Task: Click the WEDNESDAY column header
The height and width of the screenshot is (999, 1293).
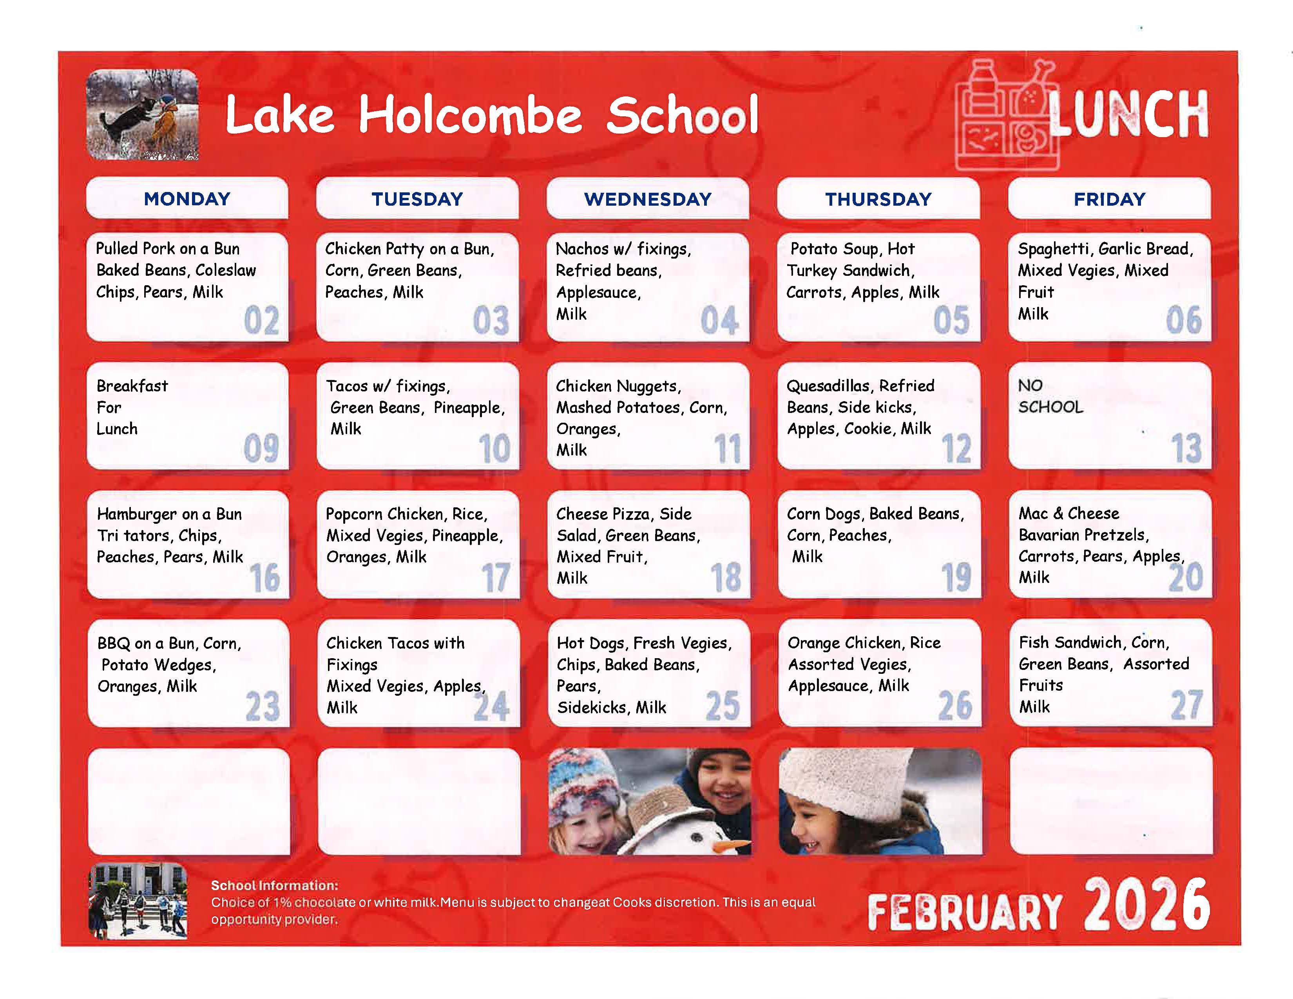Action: pos(648,199)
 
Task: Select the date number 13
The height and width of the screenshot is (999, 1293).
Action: pos(1186,448)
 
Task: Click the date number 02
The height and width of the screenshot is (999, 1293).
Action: pos(261,321)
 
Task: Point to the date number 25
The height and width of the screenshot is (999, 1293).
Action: pos(722,706)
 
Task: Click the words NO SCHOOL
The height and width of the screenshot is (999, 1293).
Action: pos(1050,396)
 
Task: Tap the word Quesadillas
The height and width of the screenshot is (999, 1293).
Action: pos(829,386)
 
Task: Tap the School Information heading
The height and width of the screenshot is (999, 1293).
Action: pos(275,885)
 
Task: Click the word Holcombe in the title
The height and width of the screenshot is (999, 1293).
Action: pos(470,116)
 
